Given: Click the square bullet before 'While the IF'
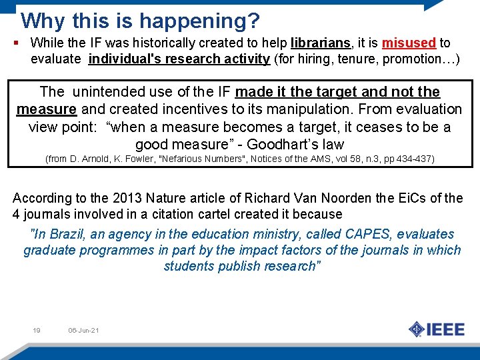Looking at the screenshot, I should (15, 43).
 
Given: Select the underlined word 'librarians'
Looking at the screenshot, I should (321, 43).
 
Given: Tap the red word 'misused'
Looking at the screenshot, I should (409, 43).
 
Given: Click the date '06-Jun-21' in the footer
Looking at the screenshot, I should (83, 331).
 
